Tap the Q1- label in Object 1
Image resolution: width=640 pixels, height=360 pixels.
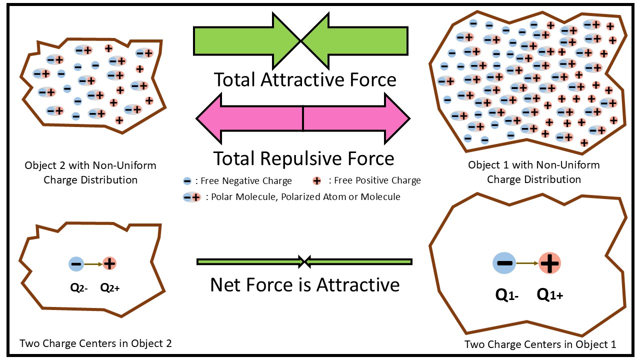[x=506, y=295]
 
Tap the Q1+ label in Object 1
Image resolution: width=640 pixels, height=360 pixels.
[x=550, y=295]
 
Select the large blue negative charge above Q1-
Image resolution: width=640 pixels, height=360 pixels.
[x=504, y=263]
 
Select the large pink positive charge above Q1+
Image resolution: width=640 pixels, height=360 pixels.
[x=549, y=263]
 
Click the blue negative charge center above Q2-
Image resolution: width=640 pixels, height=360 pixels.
[x=76, y=263]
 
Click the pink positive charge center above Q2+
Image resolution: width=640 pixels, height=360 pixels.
[x=109, y=263]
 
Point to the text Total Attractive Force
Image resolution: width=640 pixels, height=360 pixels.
[x=305, y=79]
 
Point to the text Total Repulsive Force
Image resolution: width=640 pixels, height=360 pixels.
[x=304, y=158]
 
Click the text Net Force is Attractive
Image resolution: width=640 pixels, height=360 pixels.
[x=305, y=284]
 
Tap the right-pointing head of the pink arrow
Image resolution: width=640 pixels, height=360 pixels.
[x=397, y=119]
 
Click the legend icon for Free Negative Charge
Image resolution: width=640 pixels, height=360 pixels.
[x=187, y=180]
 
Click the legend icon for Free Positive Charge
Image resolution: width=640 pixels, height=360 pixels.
[x=316, y=180]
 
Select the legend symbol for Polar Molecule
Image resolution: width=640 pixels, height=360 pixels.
[x=192, y=197]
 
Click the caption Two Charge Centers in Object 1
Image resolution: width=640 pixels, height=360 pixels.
[x=540, y=344]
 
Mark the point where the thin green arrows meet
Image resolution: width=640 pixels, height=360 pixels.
[x=304, y=261]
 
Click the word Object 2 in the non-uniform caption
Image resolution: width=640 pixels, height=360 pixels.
[x=45, y=165]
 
